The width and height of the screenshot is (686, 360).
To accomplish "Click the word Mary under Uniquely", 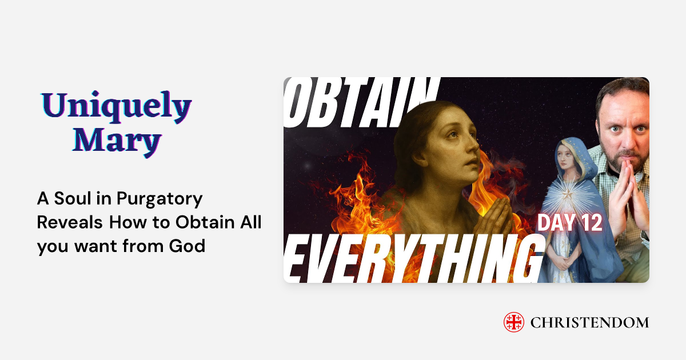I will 117,139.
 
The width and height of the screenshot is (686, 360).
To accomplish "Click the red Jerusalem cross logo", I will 513,322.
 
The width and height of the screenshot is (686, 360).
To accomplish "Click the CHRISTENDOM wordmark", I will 589,323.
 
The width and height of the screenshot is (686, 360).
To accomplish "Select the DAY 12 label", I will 569,222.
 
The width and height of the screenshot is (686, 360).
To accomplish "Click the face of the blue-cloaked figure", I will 566,158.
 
